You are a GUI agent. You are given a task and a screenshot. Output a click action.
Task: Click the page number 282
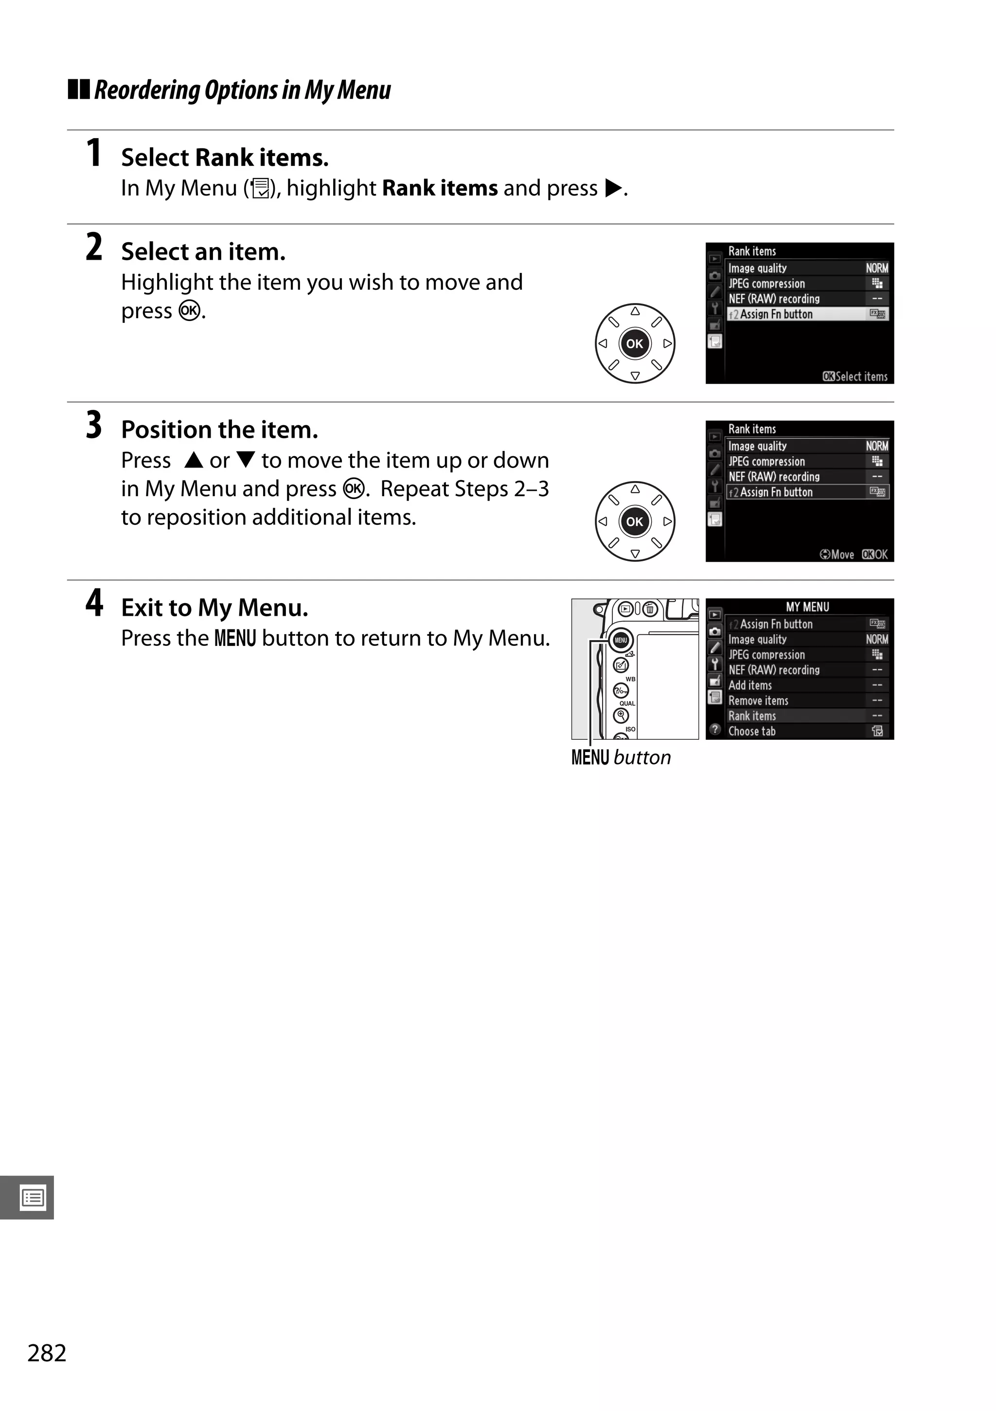pyautogui.click(x=47, y=1353)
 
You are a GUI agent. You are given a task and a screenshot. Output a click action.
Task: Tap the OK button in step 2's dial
pyautogui.click(x=635, y=343)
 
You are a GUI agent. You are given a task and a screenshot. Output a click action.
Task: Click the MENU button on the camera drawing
pyautogui.click(x=621, y=641)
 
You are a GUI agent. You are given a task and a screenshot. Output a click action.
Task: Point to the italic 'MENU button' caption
pyautogui.click(x=621, y=757)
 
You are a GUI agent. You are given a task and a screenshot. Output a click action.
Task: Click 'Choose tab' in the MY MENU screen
pyautogui.click(x=752, y=732)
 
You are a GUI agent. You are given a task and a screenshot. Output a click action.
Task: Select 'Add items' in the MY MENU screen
pyautogui.click(x=750, y=685)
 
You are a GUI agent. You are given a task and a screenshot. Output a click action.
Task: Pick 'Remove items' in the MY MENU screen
pyautogui.click(x=758, y=700)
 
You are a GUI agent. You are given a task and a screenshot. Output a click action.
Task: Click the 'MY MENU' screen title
pyautogui.click(x=807, y=607)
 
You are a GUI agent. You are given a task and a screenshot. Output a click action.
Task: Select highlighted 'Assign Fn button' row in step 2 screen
pyautogui.click(x=777, y=314)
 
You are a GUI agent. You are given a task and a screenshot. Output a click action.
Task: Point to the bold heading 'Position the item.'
pyautogui.click(x=219, y=429)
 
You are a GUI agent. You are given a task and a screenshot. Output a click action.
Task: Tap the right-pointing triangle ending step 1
pyautogui.click(x=613, y=188)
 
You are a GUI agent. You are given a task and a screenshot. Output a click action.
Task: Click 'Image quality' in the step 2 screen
pyautogui.click(x=758, y=268)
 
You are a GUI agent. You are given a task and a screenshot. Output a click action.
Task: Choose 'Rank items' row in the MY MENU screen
pyautogui.click(x=752, y=716)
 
